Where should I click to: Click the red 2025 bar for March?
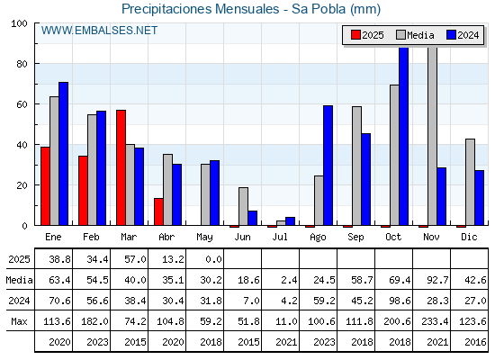[121, 167]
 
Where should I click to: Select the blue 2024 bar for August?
[328, 166]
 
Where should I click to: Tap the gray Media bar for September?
[356, 166]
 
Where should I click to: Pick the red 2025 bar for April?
[158, 211]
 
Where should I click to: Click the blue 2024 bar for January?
[63, 154]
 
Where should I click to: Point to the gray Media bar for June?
[243, 206]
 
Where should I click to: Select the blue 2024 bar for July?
[290, 221]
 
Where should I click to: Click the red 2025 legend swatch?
[355, 35]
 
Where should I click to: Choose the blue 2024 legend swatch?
[451, 35]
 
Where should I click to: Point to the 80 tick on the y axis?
[22, 64]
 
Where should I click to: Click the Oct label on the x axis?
[393, 237]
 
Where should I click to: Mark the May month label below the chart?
[204, 238]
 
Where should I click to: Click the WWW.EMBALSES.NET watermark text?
[99, 31]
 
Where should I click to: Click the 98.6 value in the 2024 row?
[400, 301]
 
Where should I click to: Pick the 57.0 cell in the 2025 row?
[135, 259]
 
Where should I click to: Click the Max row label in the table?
[19, 321]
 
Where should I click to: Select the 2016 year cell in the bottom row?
[475, 342]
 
